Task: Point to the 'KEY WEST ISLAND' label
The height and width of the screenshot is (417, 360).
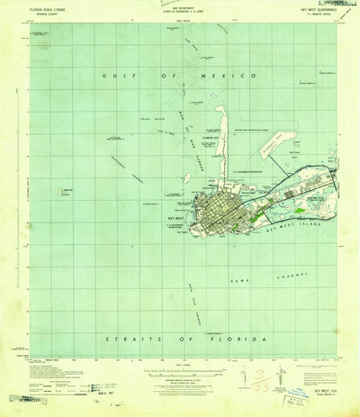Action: point(295,203)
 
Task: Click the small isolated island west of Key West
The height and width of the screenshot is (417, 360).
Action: point(69,190)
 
